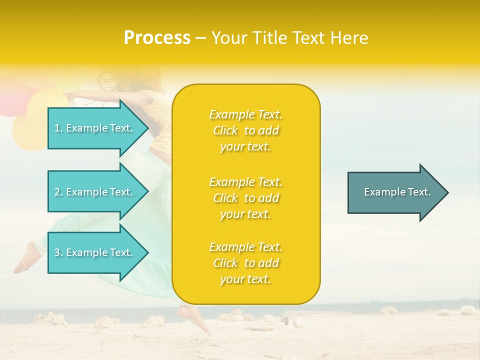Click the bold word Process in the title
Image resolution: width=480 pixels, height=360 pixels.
[x=157, y=38]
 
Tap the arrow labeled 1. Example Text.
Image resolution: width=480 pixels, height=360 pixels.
[x=95, y=128]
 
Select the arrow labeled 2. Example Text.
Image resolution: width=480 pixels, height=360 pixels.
[x=95, y=192]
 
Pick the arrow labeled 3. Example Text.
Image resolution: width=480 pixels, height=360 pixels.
[x=95, y=252]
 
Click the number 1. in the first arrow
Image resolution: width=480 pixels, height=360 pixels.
[x=58, y=128]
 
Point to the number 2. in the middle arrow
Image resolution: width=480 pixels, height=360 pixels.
[x=58, y=192]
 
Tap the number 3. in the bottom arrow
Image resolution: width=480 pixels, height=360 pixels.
[x=58, y=252]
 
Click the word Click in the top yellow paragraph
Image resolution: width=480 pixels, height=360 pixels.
[x=225, y=131]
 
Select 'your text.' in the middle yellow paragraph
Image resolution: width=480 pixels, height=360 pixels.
[x=245, y=214]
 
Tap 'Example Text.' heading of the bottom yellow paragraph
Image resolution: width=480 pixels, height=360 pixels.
[x=245, y=247]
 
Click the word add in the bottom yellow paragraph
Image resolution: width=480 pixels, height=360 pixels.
[x=268, y=263]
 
